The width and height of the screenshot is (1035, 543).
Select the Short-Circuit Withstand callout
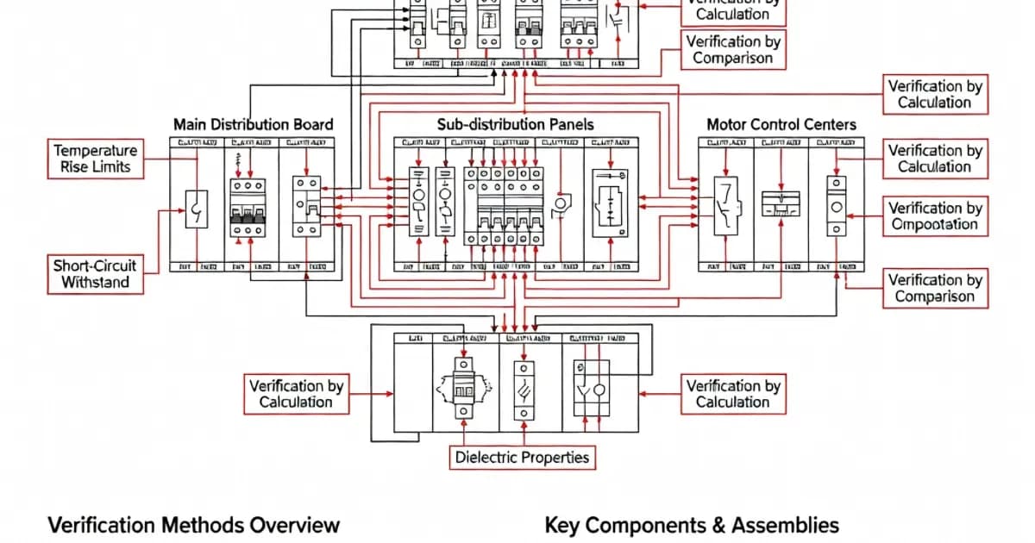95,274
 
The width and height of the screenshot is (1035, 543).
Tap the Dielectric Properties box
522,457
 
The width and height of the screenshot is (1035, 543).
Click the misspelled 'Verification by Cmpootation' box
935,216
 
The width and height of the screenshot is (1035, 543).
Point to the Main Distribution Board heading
253,124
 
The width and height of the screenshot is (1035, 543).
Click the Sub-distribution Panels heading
515,124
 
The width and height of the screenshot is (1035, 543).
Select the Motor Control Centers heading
781,124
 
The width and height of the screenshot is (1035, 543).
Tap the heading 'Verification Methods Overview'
193,525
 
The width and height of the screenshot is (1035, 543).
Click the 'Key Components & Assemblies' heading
692,525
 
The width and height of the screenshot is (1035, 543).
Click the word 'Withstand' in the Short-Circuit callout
95,283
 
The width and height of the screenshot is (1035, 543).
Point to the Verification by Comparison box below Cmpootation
935,288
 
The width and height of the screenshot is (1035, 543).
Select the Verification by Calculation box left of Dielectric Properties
296,394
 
